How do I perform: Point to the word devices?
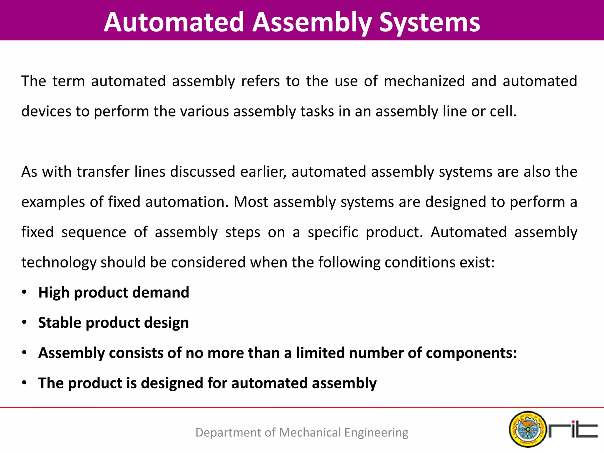click(x=46, y=111)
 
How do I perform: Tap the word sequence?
click(x=94, y=232)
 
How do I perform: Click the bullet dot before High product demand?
click(x=24, y=292)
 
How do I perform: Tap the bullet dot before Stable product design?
click(x=24, y=322)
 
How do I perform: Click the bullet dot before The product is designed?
click(x=24, y=383)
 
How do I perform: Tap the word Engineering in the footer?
click(x=376, y=433)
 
